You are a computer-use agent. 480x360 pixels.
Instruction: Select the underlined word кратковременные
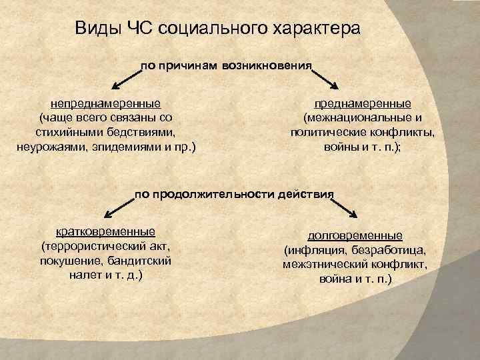tap(105, 231)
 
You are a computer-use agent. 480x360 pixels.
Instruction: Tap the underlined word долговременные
tap(355, 236)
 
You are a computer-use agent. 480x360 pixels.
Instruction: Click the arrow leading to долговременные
tap(347, 207)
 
